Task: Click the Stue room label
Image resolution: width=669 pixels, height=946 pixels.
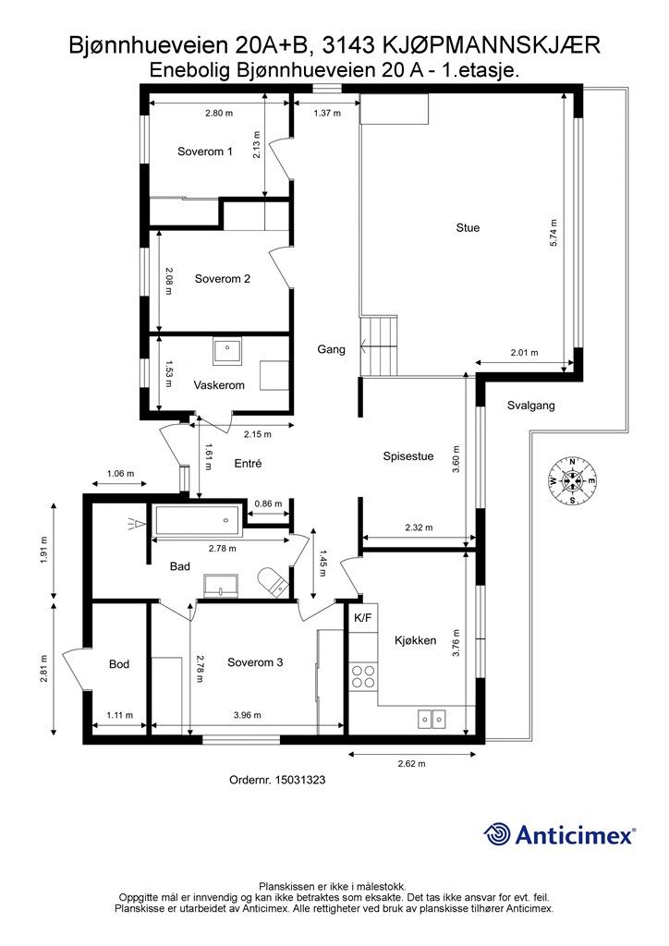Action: pos(468,227)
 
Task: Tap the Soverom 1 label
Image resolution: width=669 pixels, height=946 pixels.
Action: pos(204,152)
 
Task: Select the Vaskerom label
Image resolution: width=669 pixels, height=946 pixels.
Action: pos(219,385)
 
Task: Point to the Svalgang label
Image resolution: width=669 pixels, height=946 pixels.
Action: pos(530,406)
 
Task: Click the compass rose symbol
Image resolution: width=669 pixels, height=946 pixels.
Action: pos(571,480)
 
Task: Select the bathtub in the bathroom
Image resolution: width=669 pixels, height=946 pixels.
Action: pos(199,520)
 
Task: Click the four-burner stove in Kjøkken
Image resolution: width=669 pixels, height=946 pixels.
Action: pos(363,675)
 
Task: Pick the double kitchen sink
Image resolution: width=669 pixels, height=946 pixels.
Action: pos(432,719)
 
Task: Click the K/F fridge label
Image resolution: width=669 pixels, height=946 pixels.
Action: pos(362,618)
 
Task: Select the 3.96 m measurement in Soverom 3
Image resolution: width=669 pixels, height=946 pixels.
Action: pos(248,715)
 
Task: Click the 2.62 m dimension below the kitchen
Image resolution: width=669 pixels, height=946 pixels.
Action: pos(411,763)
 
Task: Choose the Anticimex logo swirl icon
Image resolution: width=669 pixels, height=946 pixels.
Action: pos(497,834)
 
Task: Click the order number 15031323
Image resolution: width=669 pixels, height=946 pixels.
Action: pos(299,780)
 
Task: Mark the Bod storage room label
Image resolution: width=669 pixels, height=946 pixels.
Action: pos(119,664)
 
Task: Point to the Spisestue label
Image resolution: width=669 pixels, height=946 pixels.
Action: pos(408,456)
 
